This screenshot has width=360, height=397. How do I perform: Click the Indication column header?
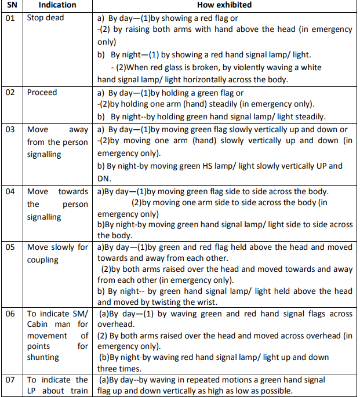point(57,5)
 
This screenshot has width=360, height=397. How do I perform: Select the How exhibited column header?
point(225,5)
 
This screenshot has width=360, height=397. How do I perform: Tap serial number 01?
point(10,18)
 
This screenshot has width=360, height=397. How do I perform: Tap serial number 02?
point(10,93)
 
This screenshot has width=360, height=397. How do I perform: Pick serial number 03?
point(10,130)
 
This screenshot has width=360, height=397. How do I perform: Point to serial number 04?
point(10,192)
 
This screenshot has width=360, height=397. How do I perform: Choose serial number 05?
point(10,247)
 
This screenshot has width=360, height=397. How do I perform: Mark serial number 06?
point(10,314)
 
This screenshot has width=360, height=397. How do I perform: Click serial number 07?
point(10,380)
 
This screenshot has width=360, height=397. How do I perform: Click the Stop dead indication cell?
point(46,18)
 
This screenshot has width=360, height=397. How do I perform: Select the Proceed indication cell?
point(42,93)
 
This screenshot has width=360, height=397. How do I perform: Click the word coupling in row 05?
point(43,260)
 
